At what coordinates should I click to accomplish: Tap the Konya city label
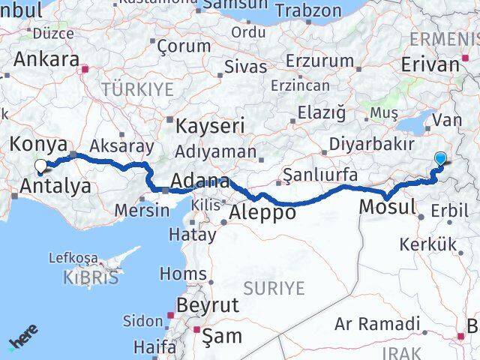point(38,143)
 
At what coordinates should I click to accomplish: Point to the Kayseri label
point(206,124)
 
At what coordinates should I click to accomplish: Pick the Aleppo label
point(262,212)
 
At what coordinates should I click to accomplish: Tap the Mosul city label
point(387,205)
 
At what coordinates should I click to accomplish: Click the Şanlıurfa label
point(320,175)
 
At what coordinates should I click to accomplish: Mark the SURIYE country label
point(274,287)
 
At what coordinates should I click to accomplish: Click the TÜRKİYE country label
point(137,89)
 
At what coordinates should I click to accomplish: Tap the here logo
point(25,339)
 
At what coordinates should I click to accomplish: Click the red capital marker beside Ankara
point(87,69)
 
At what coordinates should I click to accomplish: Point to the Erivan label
point(430,64)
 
